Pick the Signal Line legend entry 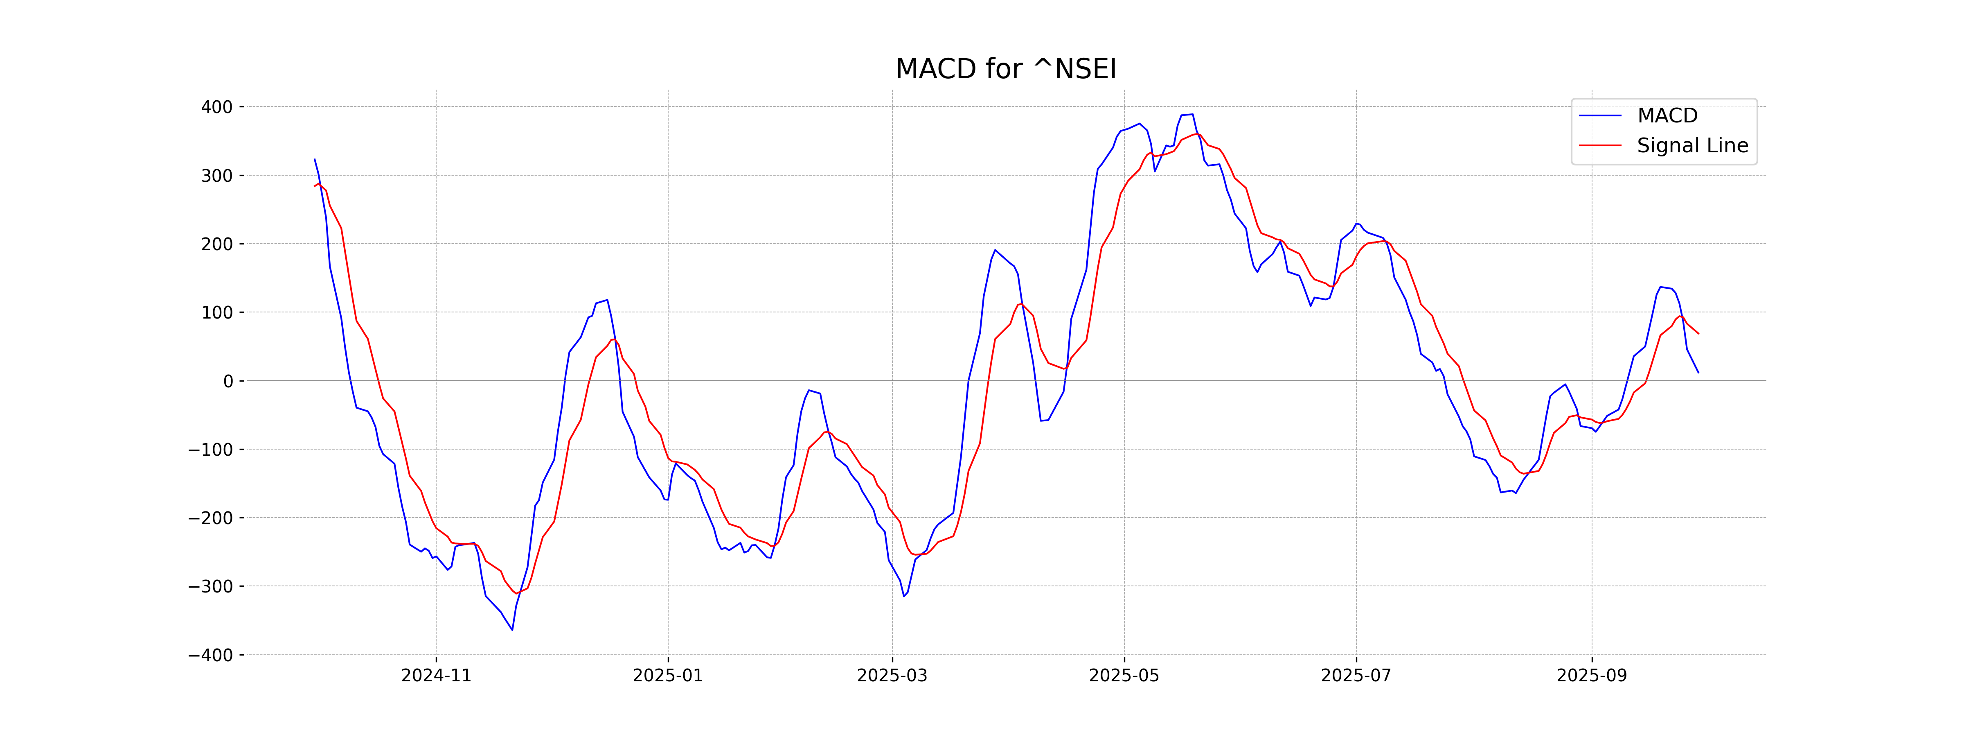tap(1692, 146)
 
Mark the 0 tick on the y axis tap(228, 382)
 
